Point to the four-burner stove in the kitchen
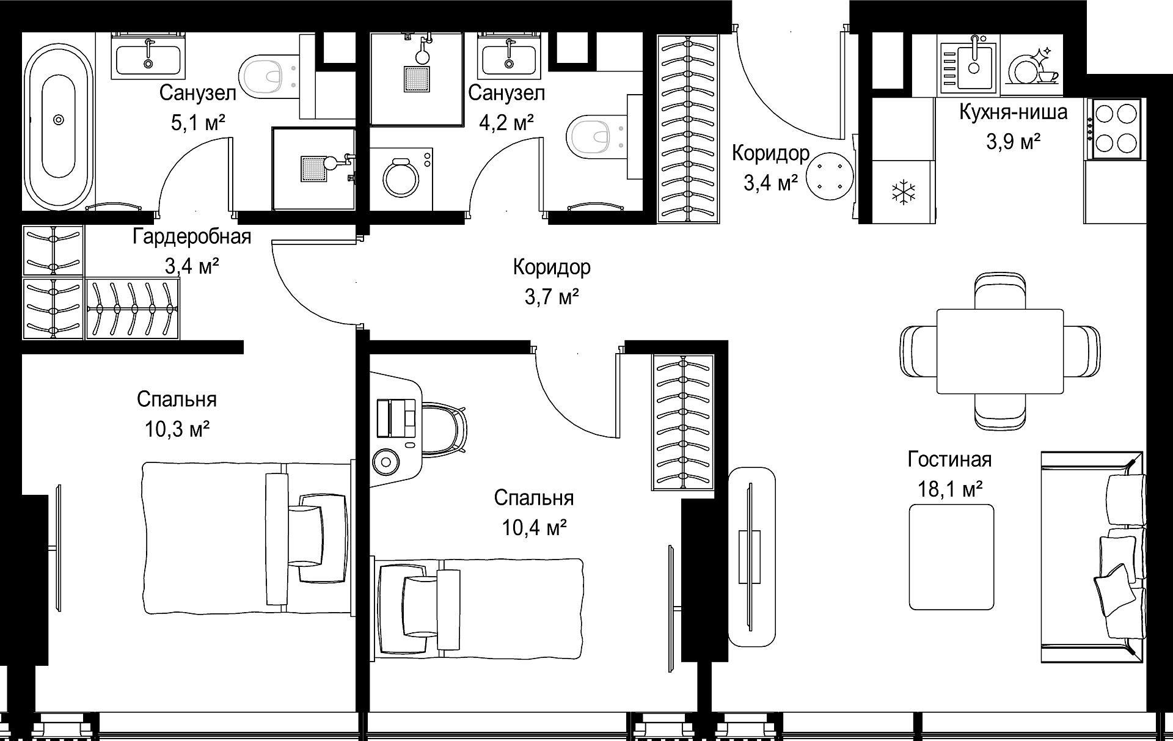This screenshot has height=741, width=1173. tap(1114, 129)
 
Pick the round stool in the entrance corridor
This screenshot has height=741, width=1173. tap(828, 177)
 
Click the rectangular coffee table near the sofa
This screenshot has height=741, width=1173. tap(951, 557)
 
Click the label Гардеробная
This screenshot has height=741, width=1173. tap(192, 236)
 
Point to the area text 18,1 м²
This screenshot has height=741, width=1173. tap(950, 489)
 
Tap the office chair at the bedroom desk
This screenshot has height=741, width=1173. tap(445, 429)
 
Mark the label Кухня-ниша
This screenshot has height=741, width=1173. tap(1014, 112)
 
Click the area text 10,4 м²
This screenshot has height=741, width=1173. tap(535, 527)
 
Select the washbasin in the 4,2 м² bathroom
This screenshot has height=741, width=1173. tap(509, 57)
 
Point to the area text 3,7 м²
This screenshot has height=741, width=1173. tap(552, 297)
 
